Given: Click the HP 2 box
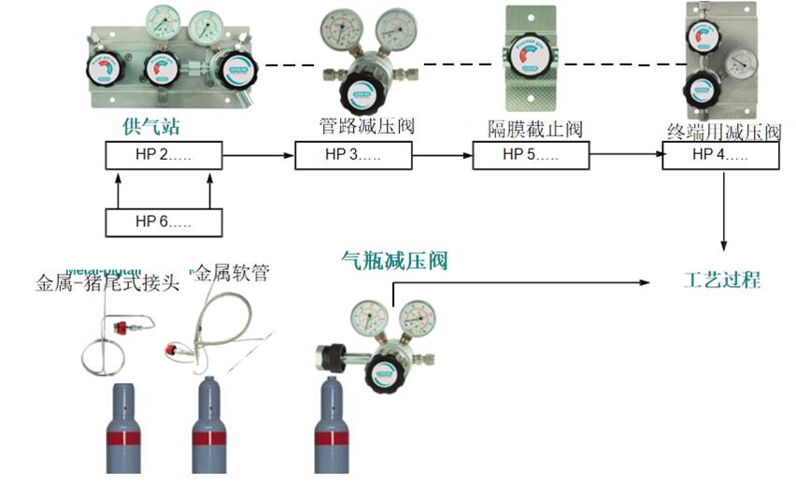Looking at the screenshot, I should point(163,155).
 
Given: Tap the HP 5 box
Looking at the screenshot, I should point(530,155).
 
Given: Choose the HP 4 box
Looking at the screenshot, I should point(720,155).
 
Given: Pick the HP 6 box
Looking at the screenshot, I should point(163,221).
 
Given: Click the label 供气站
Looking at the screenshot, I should point(150,126).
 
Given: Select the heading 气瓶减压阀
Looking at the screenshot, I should point(395,261).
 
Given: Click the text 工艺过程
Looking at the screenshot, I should point(722,279).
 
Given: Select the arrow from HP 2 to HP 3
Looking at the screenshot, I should point(259,155).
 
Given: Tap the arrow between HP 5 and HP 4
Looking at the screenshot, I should point(625,155).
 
